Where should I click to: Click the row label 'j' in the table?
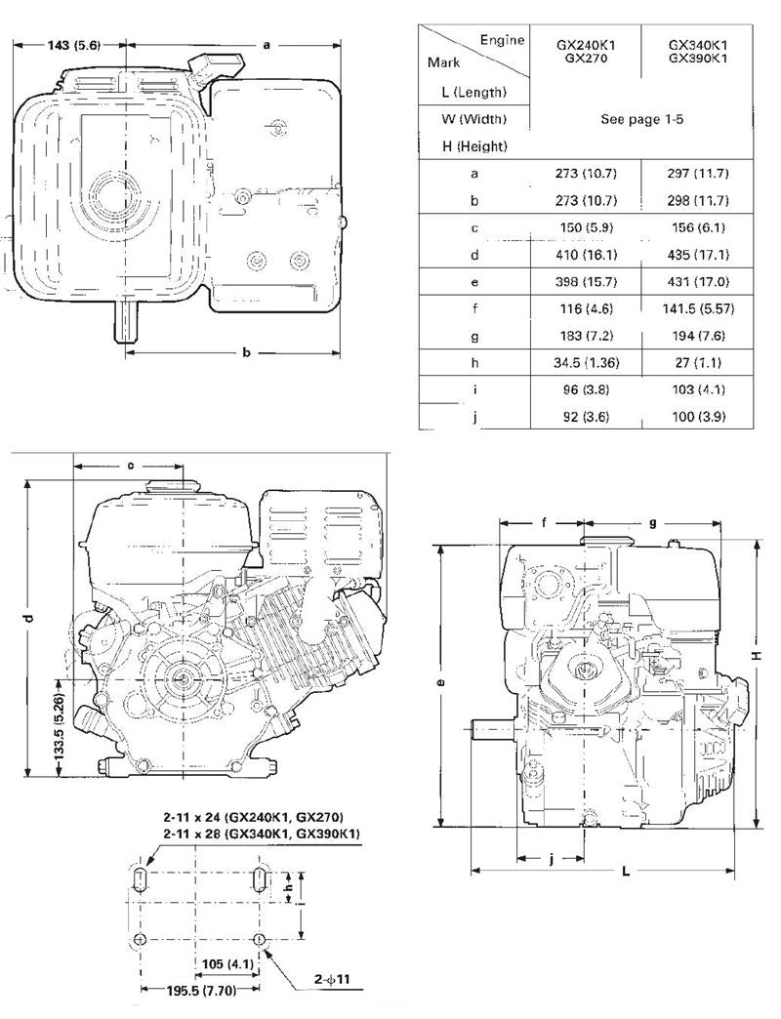(474, 416)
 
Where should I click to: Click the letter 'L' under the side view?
(625, 873)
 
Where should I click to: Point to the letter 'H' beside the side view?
(756, 656)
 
